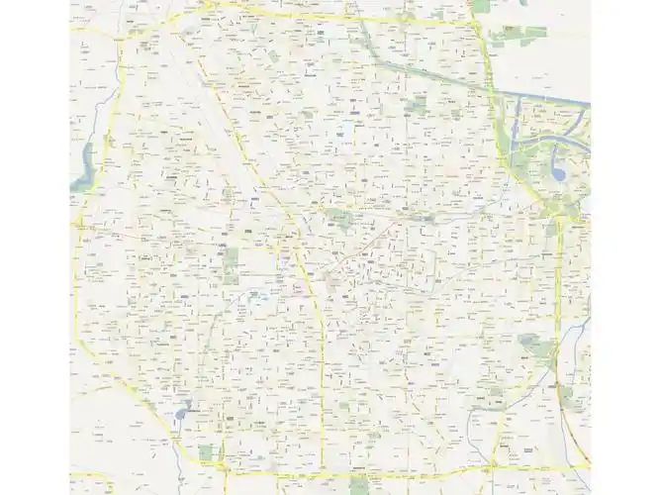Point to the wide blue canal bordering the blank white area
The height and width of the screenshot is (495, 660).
[x=544, y=99]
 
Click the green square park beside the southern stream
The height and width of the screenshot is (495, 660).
[x=206, y=452]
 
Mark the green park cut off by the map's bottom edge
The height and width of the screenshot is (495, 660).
[x=356, y=488]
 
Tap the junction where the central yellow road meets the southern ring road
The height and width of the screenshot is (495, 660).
[x=325, y=464]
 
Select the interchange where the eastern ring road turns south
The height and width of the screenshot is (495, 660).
[x=559, y=215]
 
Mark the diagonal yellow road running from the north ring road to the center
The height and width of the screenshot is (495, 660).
[x=247, y=148]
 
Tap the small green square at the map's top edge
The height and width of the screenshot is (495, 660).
[x=482, y=6]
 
